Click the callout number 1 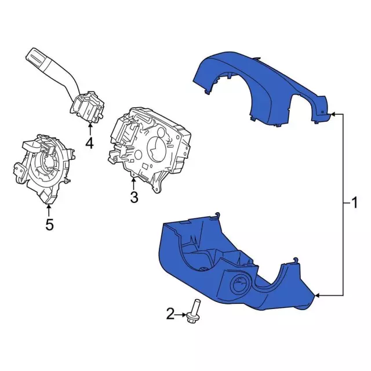[x=354, y=203]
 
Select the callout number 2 [x=170, y=314]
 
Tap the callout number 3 [x=134, y=197]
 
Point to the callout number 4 [x=89, y=143]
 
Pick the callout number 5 [x=49, y=224]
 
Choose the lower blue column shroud [x=237, y=265]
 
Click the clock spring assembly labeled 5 [x=44, y=167]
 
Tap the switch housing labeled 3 [x=150, y=149]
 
